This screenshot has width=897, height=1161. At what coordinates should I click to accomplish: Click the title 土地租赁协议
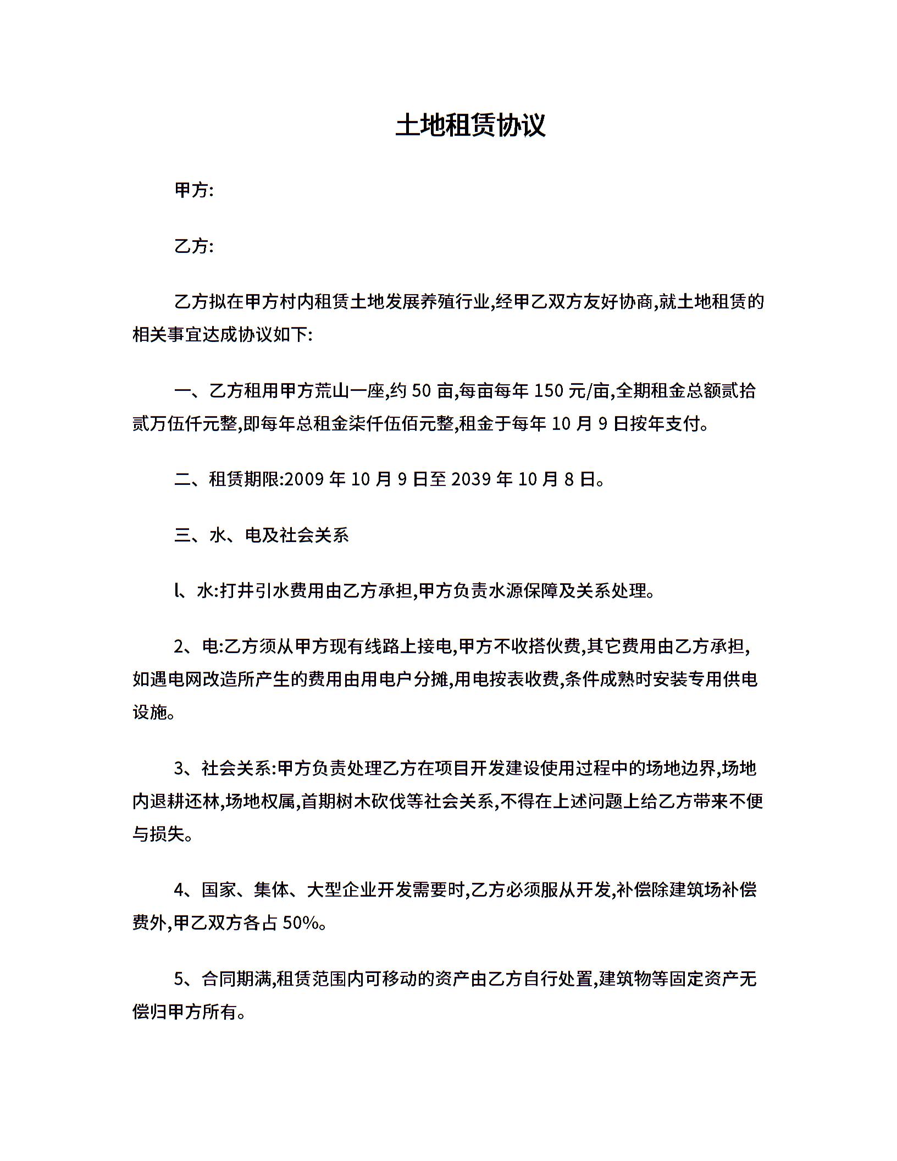point(470,125)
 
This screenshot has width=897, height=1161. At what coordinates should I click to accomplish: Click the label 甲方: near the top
point(193,190)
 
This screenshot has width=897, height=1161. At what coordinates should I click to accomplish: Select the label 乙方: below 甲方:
point(193,246)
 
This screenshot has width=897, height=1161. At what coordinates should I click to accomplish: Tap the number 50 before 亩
point(421,391)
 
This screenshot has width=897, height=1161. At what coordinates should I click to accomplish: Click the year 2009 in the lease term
point(305,479)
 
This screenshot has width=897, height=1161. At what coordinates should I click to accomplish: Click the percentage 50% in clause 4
point(300,923)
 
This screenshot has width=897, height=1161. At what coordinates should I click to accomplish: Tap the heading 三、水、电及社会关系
point(262,535)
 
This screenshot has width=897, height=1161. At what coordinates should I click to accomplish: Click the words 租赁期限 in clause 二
point(244,479)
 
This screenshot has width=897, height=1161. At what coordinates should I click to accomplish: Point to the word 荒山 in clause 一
point(331,391)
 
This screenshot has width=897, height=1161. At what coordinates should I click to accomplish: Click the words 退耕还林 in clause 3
point(185,801)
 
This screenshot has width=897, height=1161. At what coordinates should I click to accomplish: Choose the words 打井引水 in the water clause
point(255,591)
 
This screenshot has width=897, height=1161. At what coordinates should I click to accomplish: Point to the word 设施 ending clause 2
point(149,712)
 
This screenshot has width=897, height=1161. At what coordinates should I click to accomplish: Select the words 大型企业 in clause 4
point(341,890)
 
